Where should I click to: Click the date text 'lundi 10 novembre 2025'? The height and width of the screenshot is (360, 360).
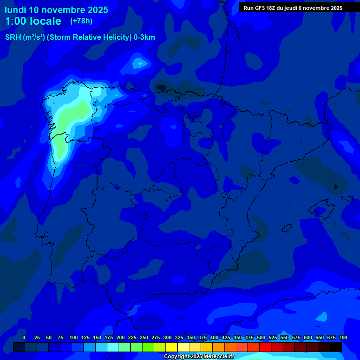pyautogui.click(x=56, y=10)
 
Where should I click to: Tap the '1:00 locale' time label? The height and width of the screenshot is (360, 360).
pyautogui.click(x=33, y=21)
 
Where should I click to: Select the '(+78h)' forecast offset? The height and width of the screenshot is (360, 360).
pyautogui.click(x=81, y=21)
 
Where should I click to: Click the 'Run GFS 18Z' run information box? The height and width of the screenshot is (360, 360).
pyautogui.click(x=293, y=8)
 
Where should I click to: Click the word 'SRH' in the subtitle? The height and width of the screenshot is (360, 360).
pyautogui.click(x=13, y=37)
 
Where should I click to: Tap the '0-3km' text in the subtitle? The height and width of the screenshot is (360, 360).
pyautogui.click(x=144, y=37)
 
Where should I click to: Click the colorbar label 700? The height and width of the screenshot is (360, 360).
pyautogui.click(x=343, y=337)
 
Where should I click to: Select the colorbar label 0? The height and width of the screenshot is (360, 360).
pyautogui.click(x=24, y=337)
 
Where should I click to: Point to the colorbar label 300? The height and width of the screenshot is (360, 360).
pyautogui.click(x=167, y=337)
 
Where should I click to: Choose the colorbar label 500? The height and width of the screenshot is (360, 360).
pyautogui.click(x=261, y=337)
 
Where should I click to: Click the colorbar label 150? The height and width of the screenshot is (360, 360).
pyautogui.click(x=97, y=337)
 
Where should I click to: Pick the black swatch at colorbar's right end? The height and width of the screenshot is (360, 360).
pyautogui.click(x=336, y=347)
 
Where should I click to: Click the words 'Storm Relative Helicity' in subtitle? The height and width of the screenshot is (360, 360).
pyautogui.click(x=89, y=37)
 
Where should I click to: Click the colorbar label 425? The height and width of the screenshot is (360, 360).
pyautogui.click(x=226, y=337)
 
